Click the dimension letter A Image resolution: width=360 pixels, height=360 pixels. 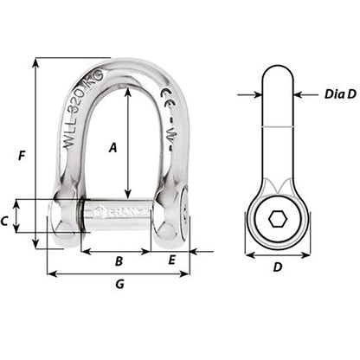pyautogui.click(x=112, y=148)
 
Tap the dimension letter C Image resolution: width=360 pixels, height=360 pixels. pyautogui.click(x=5, y=222)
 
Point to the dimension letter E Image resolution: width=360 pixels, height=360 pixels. pyautogui.click(x=173, y=260)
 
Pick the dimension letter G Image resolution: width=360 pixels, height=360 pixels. pyautogui.click(x=119, y=285)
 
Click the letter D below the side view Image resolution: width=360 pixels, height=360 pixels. pyautogui.click(x=277, y=267)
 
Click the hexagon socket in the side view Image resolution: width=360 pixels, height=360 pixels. pyautogui.click(x=277, y=221)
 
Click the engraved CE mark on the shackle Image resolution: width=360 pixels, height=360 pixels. pyautogui.click(x=165, y=114)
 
